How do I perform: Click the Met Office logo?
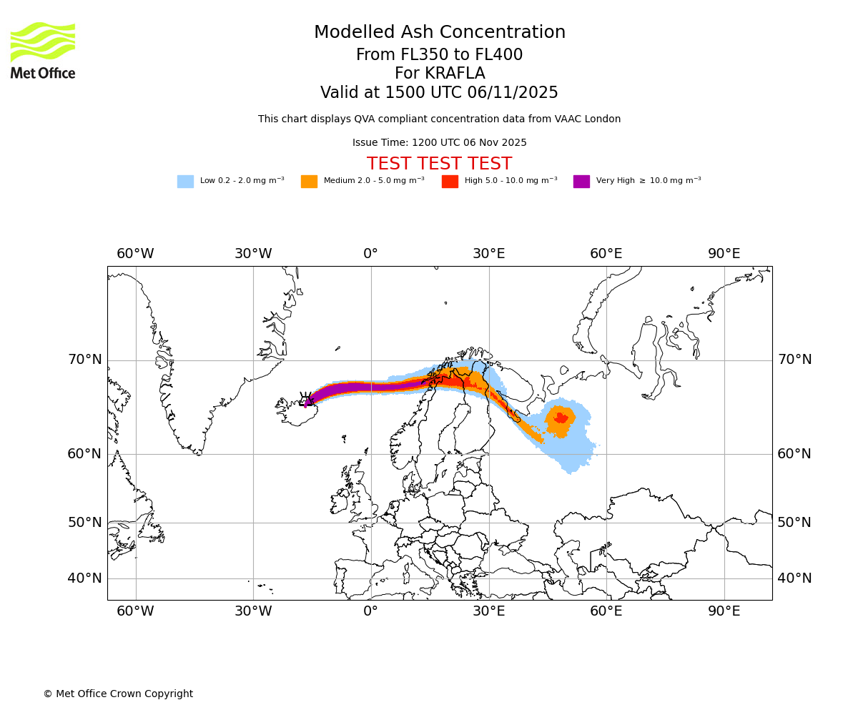(x=43, y=50)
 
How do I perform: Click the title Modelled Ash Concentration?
(x=439, y=33)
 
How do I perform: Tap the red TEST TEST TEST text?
(x=439, y=164)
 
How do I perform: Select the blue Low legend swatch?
(x=185, y=181)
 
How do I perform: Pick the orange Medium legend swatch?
(x=309, y=181)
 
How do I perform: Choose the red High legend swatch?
(x=450, y=181)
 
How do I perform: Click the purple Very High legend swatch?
(x=581, y=181)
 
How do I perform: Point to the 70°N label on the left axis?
(x=84, y=360)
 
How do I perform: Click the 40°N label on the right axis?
(x=794, y=578)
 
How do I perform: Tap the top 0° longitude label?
(x=370, y=254)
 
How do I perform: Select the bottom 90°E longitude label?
(x=724, y=611)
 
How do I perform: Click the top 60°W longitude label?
(x=135, y=254)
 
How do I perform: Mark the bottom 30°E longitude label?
(x=488, y=611)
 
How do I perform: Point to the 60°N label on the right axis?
(x=794, y=454)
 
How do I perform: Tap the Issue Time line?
(x=439, y=143)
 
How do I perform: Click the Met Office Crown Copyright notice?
(x=118, y=694)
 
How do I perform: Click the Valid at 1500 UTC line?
(x=439, y=93)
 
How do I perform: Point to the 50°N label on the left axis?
(x=84, y=523)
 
